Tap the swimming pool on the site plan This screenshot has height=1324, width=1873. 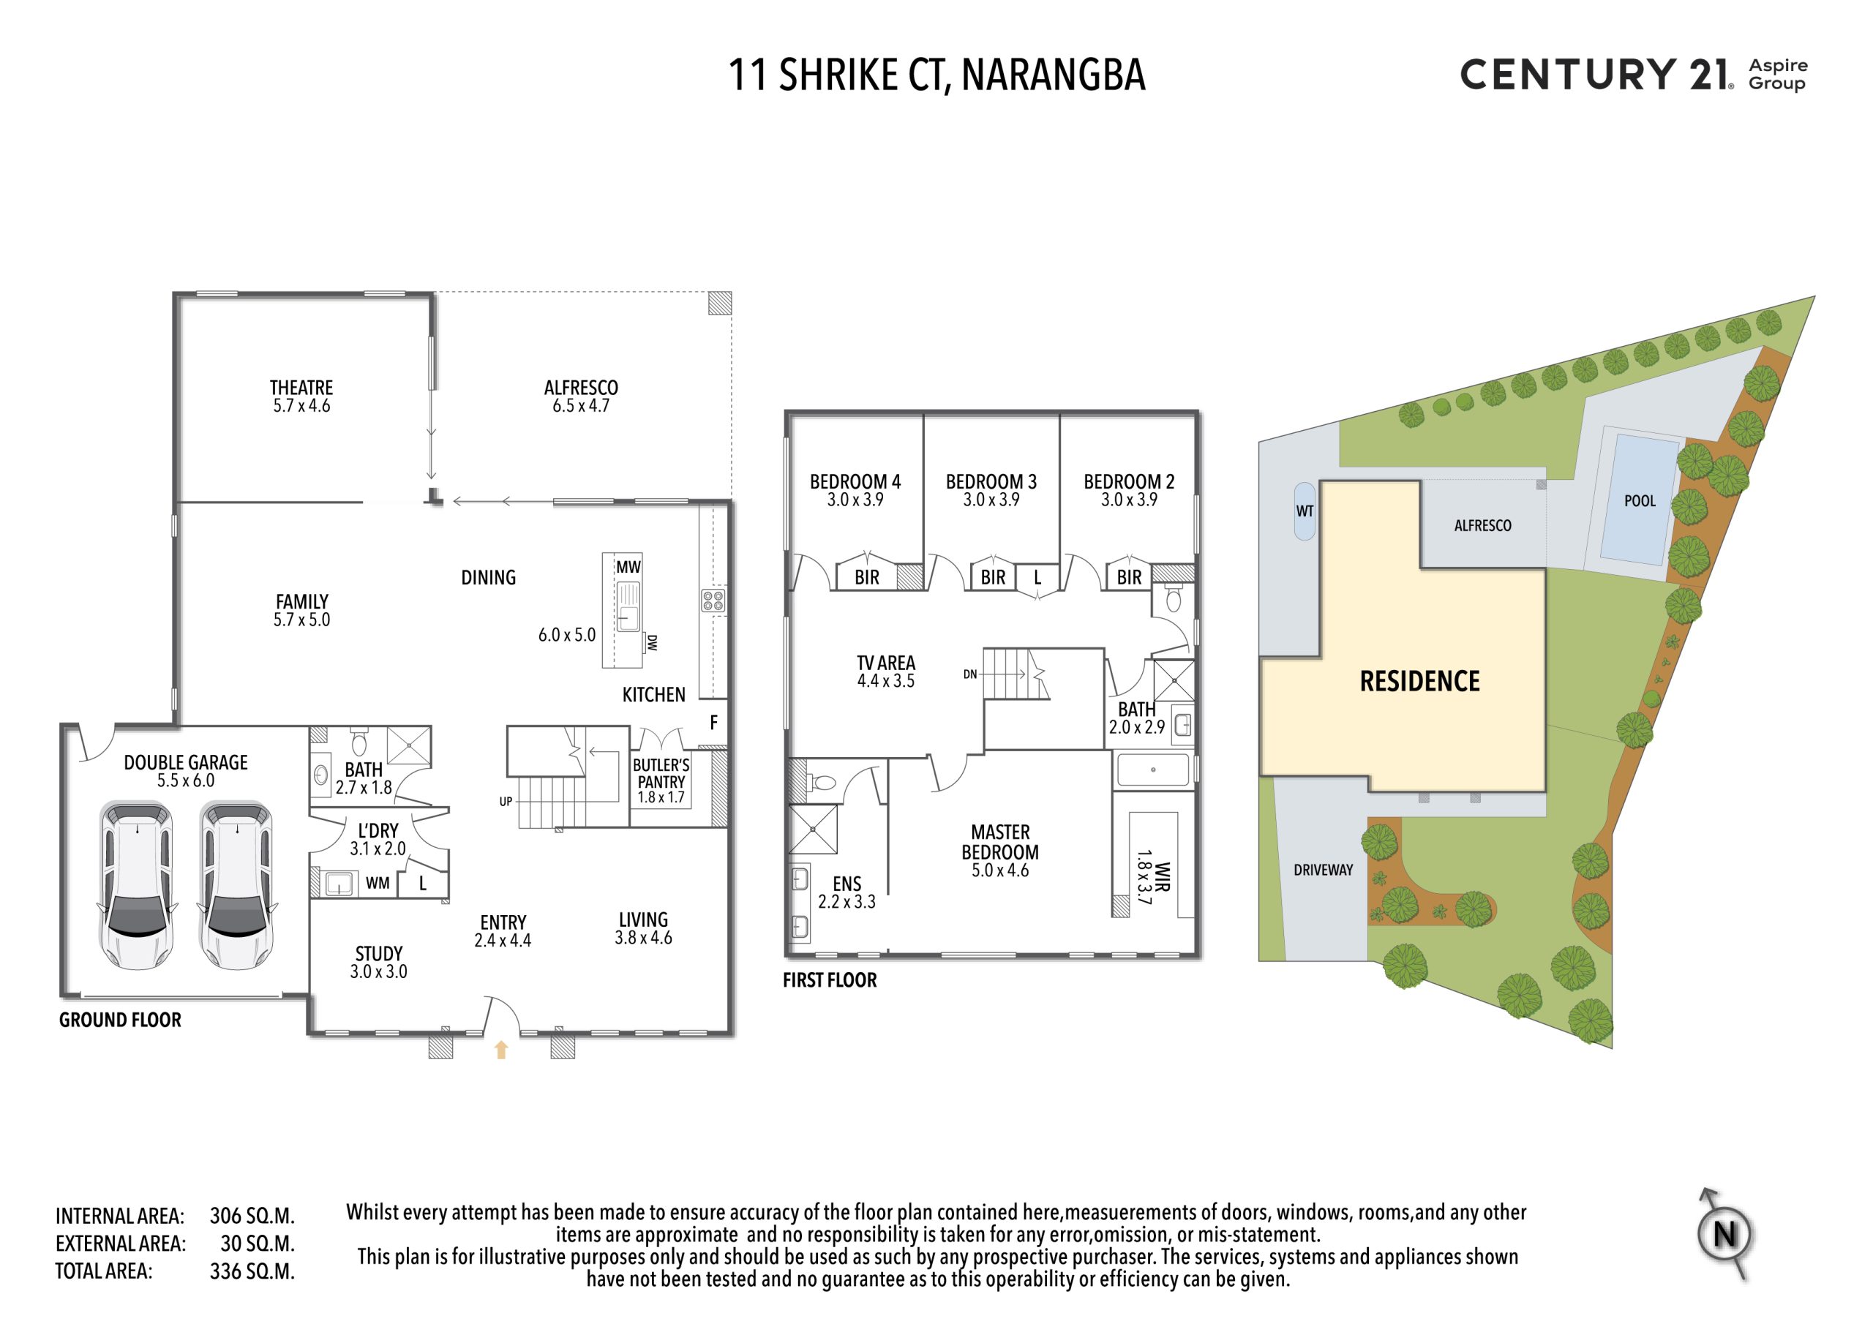point(1640,500)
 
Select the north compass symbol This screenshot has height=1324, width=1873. point(1724,1233)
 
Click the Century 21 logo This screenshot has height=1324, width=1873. point(1633,73)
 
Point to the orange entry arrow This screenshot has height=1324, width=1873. point(501,1050)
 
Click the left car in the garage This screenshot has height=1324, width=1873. point(136,885)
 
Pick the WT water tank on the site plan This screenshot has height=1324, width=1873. point(1305,511)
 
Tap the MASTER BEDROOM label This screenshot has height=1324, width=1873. point(1000,842)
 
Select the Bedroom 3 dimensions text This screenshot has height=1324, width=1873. point(991,500)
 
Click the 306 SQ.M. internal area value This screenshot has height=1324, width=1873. point(252,1216)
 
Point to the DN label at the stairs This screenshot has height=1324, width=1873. point(970,674)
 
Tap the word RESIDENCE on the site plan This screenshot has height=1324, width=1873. point(1419,681)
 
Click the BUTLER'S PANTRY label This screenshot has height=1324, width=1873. point(661,773)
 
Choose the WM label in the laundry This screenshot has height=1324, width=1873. point(377,883)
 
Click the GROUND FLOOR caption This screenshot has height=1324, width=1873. point(120,1020)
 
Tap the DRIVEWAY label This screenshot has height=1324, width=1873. point(1324,870)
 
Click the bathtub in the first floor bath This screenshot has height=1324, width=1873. point(1152,770)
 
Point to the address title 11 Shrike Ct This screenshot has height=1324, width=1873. point(936,75)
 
